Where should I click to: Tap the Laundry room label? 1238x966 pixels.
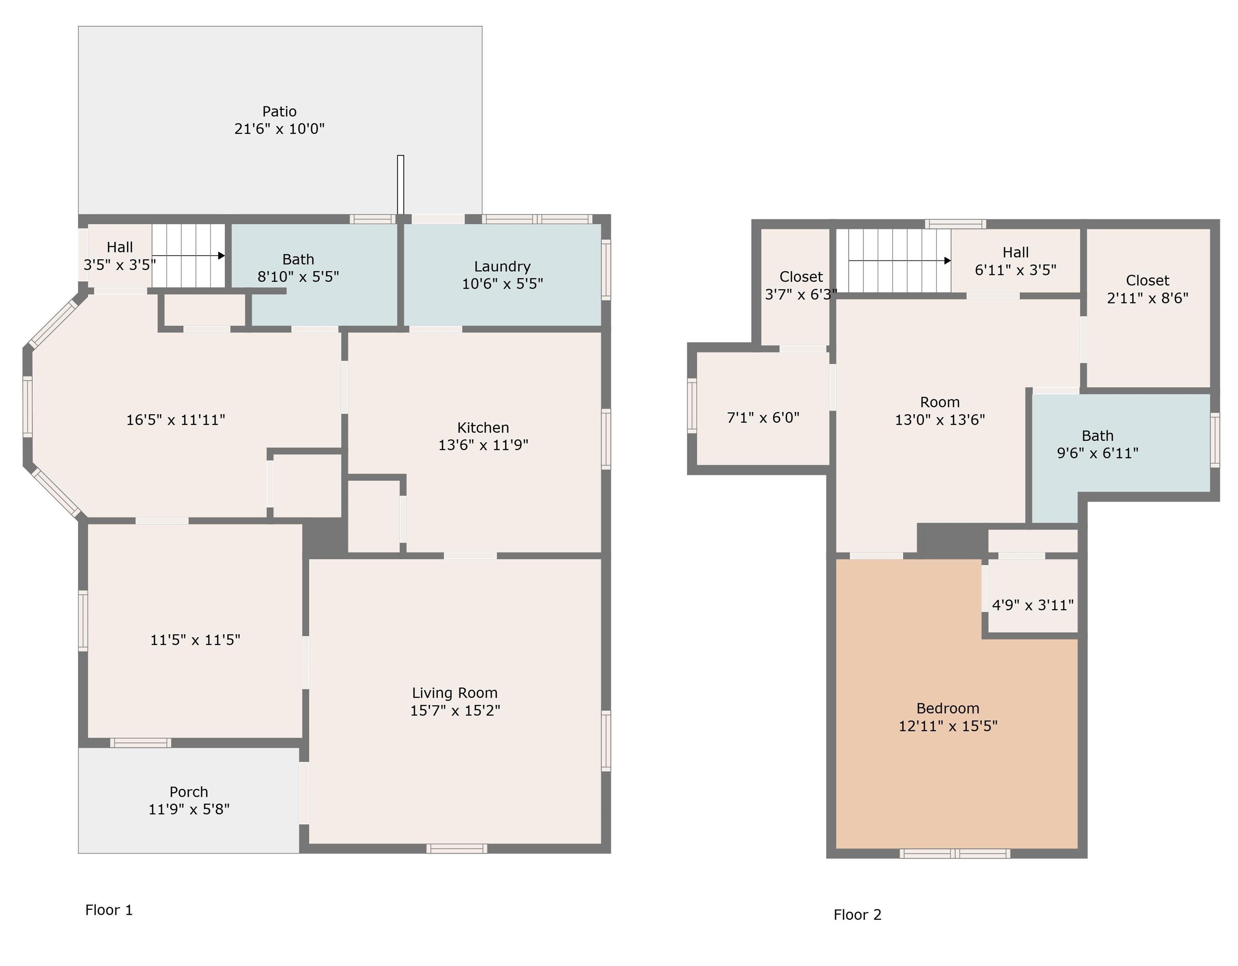502,266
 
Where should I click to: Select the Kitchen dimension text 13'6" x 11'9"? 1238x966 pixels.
483,445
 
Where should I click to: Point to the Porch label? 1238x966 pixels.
189,792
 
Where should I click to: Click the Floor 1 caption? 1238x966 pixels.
109,910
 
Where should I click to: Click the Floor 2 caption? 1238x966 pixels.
857,914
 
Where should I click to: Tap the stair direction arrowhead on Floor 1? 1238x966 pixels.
222,256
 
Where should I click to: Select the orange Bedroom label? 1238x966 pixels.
948,709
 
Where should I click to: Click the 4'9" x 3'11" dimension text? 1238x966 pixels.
1032,605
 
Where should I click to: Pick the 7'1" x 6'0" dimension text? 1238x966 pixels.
763,418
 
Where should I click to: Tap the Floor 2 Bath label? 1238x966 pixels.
1098,436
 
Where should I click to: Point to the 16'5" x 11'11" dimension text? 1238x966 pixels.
175,420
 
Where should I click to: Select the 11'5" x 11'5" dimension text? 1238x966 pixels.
195,640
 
